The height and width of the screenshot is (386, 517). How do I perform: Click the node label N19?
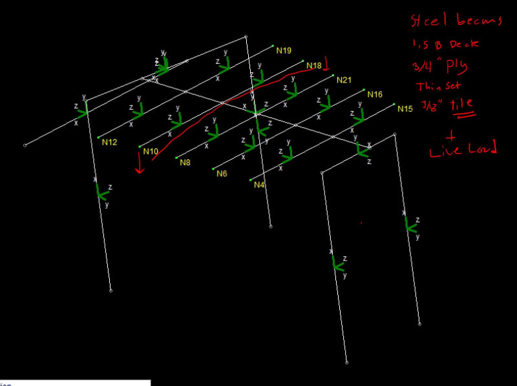[x=284, y=50]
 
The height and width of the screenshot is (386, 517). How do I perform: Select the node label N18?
[x=313, y=66]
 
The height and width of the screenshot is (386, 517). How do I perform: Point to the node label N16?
[x=375, y=94]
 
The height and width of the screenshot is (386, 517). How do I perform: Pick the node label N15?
[x=405, y=108]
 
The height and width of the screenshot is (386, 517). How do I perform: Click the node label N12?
[x=109, y=142]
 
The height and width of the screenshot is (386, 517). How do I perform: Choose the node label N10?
[x=151, y=152]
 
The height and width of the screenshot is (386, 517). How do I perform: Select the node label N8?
[x=185, y=163]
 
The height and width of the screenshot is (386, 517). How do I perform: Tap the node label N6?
[x=222, y=174]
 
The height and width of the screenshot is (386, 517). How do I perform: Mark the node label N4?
[x=259, y=185]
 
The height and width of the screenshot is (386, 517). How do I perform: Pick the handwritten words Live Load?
[x=463, y=150]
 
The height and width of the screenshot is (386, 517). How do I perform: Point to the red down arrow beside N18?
[x=326, y=63]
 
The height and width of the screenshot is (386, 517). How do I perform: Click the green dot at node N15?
[x=394, y=104]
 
